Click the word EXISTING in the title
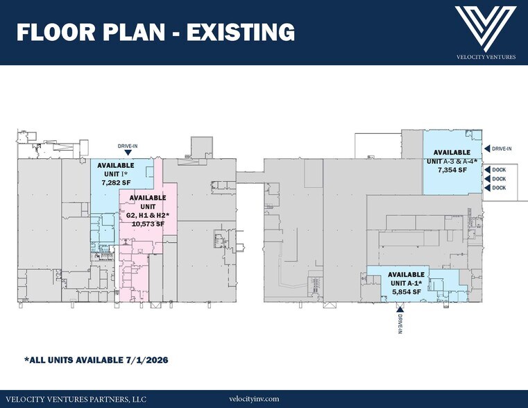pyautogui.click(x=241, y=32)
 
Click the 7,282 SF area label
pyautogui.click(x=116, y=183)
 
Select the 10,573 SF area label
pyautogui.click(x=148, y=223)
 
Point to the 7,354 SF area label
pyautogui.click(x=452, y=170)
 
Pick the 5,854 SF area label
pyautogui.click(x=407, y=292)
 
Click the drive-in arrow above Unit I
pyautogui.click(x=128, y=153)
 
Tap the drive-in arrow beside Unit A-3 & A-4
pyautogui.click(x=487, y=148)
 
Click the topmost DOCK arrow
pyautogui.click(x=487, y=170)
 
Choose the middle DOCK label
pyautogui.click(x=499, y=179)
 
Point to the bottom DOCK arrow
pyautogui.click(x=487, y=188)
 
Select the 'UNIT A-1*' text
pyautogui.click(x=406, y=283)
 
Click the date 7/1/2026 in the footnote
pyautogui.click(x=147, y=360)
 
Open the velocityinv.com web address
pyautogui.click(x=254, y=399)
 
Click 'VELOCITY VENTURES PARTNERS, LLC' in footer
pyautogui.click(x=76, y=400)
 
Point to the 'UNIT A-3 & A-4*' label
pyautogui.click(x=452, y=161)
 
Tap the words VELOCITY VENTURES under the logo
pyautogui.click(x=486, y=57)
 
